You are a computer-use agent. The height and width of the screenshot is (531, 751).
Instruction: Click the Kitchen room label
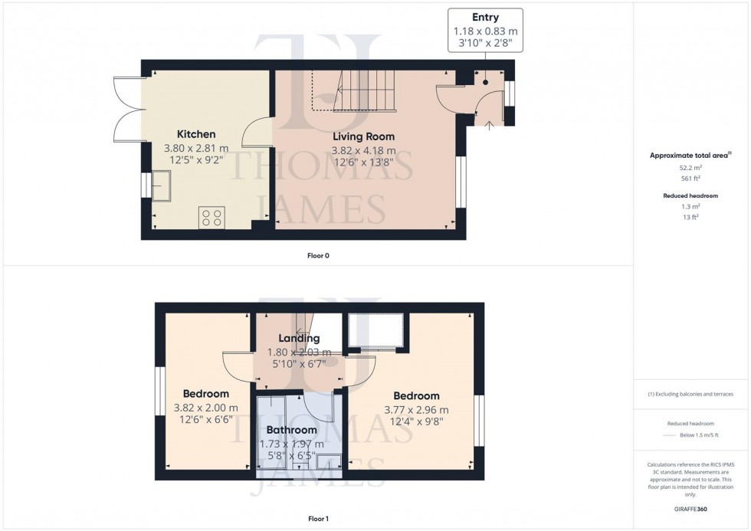coord(196,134)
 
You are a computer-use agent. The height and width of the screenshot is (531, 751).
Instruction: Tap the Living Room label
coord(363,137)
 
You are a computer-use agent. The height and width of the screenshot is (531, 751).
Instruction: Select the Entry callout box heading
coord(485,18)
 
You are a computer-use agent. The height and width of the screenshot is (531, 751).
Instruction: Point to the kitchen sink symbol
coord(161,186)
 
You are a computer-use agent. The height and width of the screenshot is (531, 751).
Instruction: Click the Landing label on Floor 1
coord(299,338)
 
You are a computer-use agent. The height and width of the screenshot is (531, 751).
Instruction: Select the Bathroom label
coord(291,430)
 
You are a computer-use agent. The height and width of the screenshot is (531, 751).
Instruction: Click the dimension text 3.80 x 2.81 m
coord(196,149)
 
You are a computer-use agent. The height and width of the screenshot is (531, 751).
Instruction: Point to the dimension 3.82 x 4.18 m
coord(363,151)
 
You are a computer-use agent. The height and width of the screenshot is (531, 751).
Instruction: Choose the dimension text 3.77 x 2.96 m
coord(416,410)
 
